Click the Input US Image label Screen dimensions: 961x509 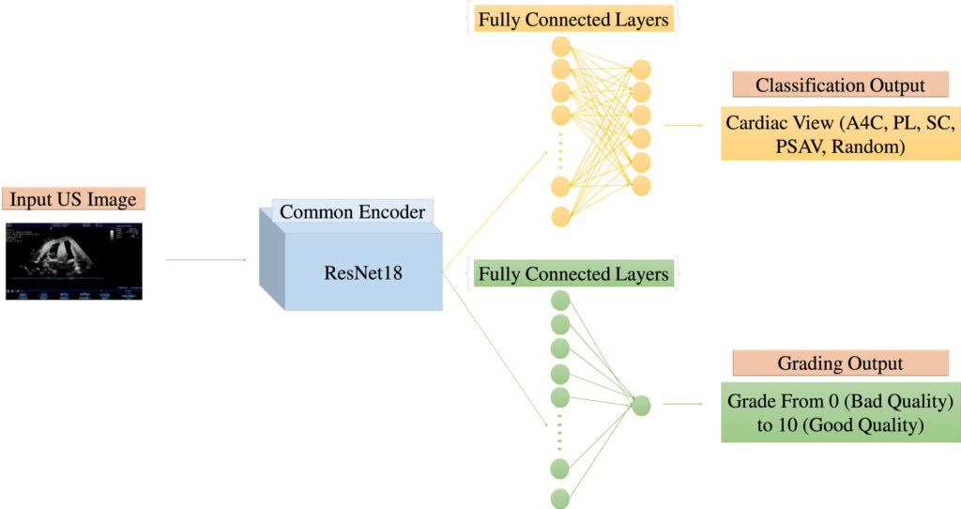point(73,199)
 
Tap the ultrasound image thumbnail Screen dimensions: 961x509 point(74,261)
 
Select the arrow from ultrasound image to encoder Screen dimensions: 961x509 point(206,260)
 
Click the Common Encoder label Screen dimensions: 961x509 point(353,212)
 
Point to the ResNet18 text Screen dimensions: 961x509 point(363,273)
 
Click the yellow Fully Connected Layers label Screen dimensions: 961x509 point(573,20)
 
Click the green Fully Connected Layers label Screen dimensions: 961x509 point(573,274)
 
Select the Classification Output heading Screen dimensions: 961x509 point(840,85)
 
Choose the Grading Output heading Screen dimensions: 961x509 point(840,363)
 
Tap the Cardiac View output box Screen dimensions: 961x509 point(840,133)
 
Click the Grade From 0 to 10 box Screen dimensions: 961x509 point(840,412)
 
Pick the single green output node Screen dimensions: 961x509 point(641,406)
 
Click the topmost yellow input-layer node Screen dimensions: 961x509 point(561,47)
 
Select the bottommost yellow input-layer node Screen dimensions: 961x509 point(561,217)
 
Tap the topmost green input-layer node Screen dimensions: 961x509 point(561,301)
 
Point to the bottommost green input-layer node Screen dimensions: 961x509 point(560,499)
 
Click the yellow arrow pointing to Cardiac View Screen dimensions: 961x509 point(683,125)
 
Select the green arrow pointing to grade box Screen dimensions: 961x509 point(683,404)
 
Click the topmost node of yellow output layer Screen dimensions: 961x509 point(641,69)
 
